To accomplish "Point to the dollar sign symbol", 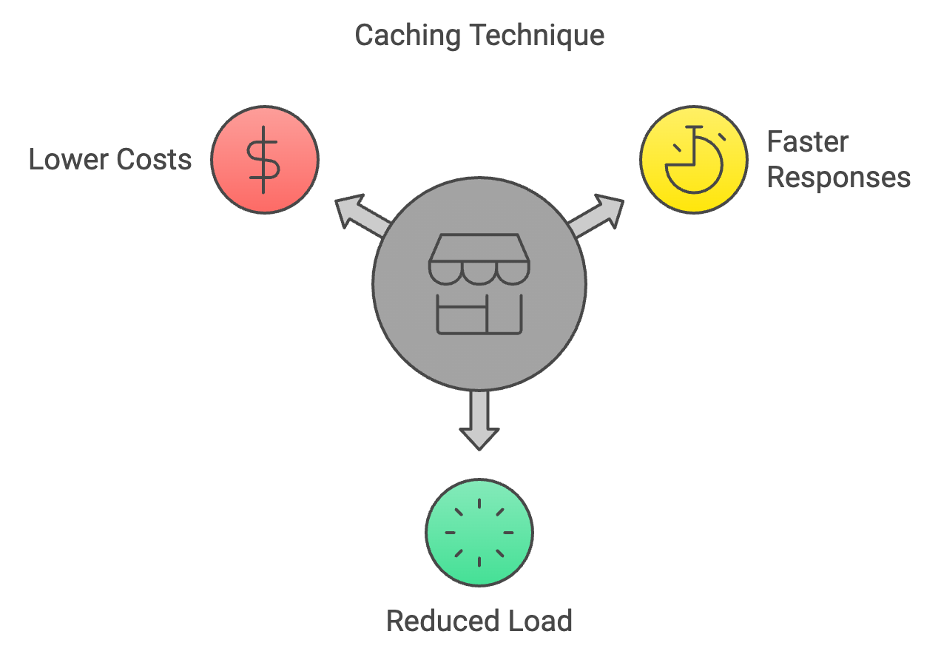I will [264, 160].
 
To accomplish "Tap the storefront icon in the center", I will [479, 285].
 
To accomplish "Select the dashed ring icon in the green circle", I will [479, 532].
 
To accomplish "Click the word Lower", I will [65, 160].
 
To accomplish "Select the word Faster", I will [808, 141].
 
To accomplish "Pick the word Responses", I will [838, 178].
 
